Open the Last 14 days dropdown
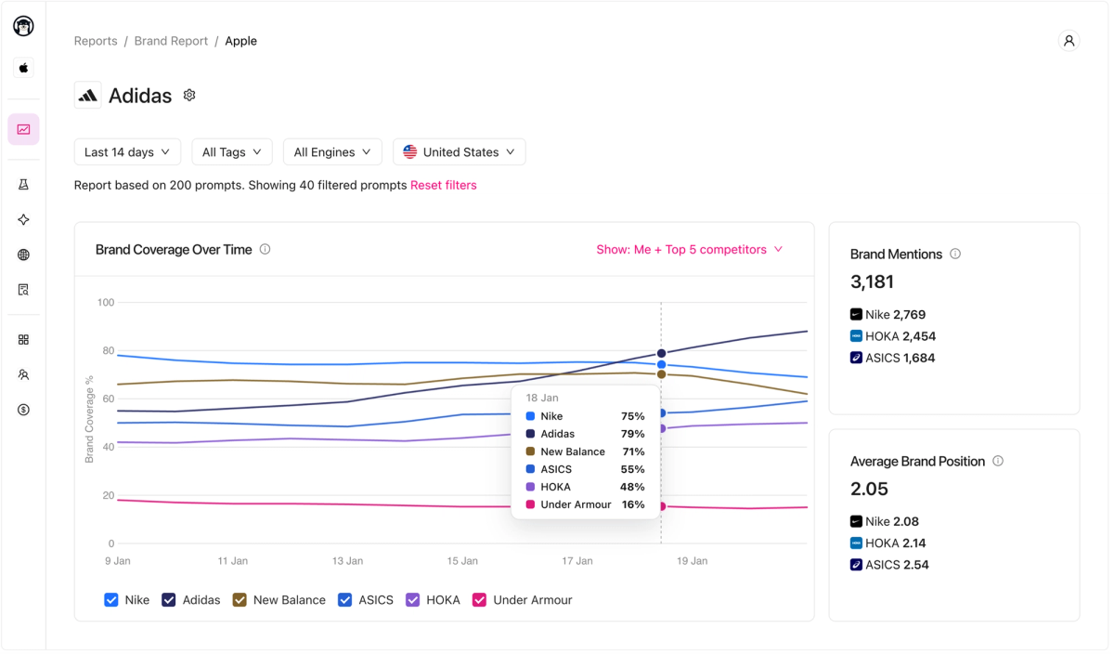click(x=127, y=152)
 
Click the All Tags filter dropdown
click(x=232, y=152)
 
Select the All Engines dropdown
click(x=332, y=152)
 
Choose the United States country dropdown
click(x=460, y=152)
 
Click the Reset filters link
click(x=444, y=186)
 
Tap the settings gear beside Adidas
click(x=189, y=96)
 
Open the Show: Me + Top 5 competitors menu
click(x=690, y=250)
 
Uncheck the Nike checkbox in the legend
click(x=111, y=600)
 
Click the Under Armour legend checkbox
click(x=480, y=600)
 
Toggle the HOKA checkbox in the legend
click(x=413, y=600)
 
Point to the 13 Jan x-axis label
click(x=347, y=561)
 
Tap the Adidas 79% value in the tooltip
click(x=632, y=434)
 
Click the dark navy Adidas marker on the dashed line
click(x=661, y=353)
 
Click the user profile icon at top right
click(x=1069, y=41)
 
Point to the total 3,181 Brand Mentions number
click(x=872, y=281)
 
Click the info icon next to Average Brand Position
click(x=998, y=462)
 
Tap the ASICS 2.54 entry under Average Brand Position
click(x=896, y=565)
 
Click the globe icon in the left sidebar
click(x=23, y=255)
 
